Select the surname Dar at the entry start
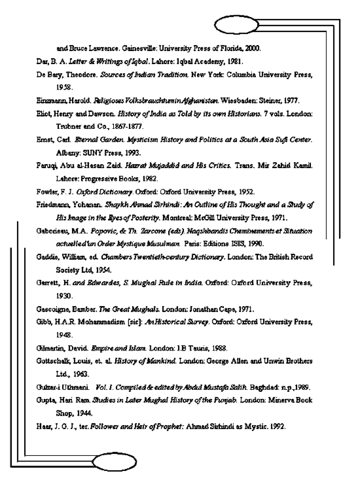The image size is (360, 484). [x=41, y=61]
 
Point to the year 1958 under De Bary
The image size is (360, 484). [x=64, y=87]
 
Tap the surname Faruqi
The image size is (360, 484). [x=45, y=166]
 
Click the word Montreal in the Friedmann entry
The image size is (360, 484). [x=174, y=218]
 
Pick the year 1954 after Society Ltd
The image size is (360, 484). [x=103, y=270]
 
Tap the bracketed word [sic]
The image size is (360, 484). [x=134, y=322]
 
